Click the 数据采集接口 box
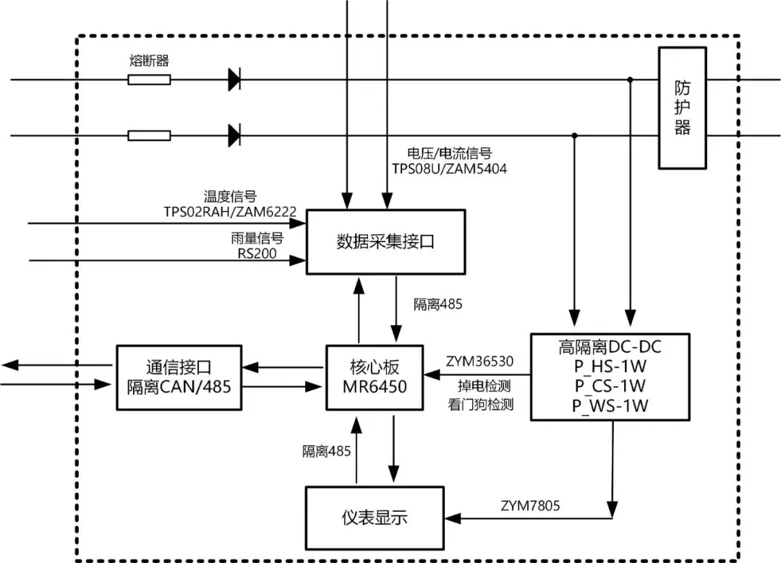tap(385, 242)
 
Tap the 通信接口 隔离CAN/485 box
tap(178, 377)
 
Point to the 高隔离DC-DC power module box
tap(610, 376)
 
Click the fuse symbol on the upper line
tap(149, 79)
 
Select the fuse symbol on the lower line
tap(149, 135)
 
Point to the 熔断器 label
tap(149, 61)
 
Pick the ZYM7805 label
tap(529, 504)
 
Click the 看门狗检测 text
tap(480, 405)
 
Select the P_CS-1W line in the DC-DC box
tap(610, 385)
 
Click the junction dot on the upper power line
tap(631, 79)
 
